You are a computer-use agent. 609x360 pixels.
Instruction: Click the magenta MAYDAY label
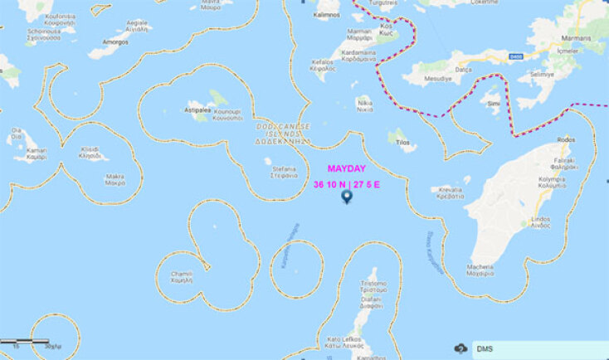(x=346, y=168)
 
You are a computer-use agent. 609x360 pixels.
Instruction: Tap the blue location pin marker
(x=347, y=199)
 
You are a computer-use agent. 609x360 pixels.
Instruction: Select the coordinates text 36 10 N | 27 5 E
(x=346, y=184)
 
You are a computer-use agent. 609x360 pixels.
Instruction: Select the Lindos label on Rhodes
(x=539, y=220)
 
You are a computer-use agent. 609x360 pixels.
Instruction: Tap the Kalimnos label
(x=327, y=14)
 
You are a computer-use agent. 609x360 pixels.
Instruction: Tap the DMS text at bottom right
(x=485, y=349)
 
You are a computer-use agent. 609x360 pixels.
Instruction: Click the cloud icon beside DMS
(x=460, y=349)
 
